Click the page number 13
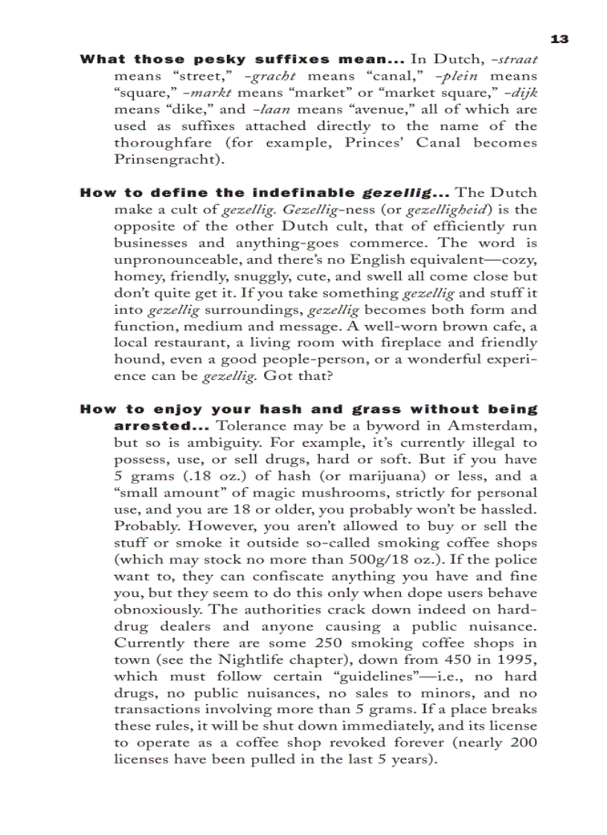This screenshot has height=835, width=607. tap(559, 39)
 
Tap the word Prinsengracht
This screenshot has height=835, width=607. tap(161, 160)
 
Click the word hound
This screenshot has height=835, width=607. tap(135, 360)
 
